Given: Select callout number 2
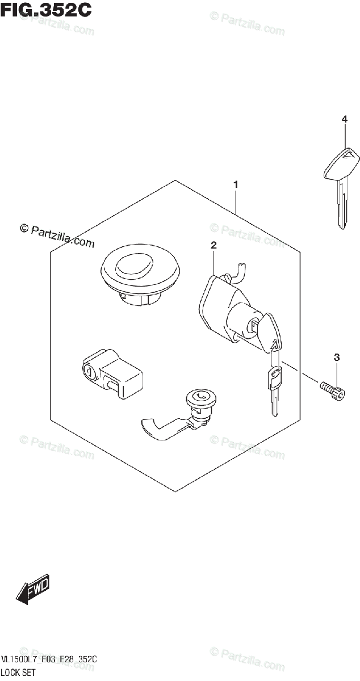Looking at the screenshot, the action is click(214, 246).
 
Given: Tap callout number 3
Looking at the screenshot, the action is click(337, 358).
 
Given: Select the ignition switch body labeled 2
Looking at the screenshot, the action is click(224, 309).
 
